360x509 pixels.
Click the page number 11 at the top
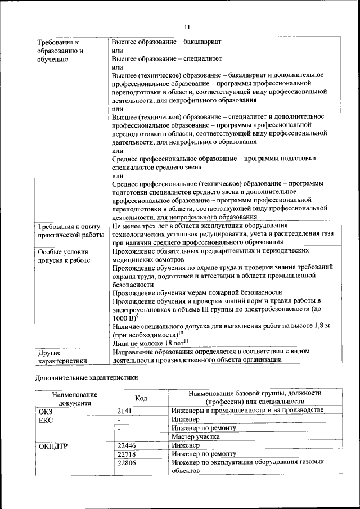click(187, 27)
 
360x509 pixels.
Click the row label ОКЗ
click(46, 411)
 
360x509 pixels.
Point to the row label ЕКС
click(46, 420)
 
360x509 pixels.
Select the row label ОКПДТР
click(53, 445)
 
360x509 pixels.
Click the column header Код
click(141, 398)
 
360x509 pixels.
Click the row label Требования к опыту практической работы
click(71, 230)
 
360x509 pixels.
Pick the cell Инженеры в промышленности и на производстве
click(248, 411)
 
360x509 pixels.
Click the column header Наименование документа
click(74, 398)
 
